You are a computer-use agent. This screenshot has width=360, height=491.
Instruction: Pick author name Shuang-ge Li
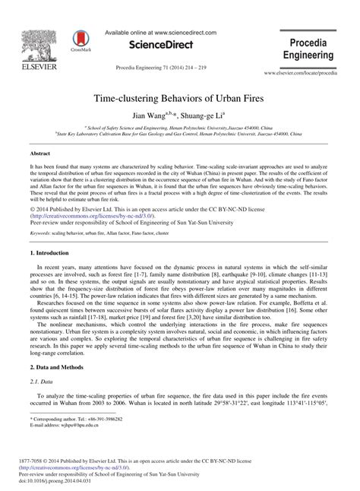pos(204,116)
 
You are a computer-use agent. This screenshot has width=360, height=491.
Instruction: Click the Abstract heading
pos(39,153)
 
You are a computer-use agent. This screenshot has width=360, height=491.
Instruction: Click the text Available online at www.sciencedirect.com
pos(160,33)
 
